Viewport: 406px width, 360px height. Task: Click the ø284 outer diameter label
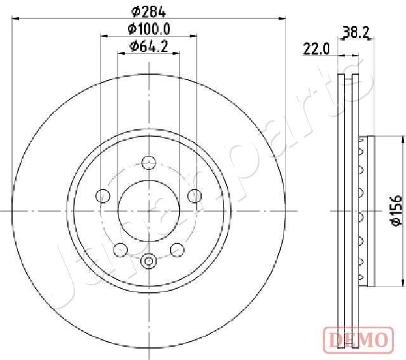[x=148, y=11]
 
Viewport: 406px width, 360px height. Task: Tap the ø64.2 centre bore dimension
[x=148, y=46]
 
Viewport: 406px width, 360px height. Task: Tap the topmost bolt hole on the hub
[x=148, y=161]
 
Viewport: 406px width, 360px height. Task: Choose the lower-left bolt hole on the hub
[x=119, y=250]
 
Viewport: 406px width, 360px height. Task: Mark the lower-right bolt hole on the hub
[x=178, y=250]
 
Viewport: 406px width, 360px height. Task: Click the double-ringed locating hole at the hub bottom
[x=148, y=260]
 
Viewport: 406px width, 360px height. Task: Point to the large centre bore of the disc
[x=148, y=210]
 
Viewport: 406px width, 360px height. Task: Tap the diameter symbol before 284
[x=135, y=11]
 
